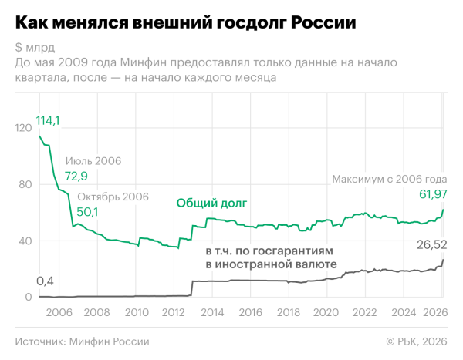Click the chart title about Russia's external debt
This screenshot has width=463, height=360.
(x=185, y=22)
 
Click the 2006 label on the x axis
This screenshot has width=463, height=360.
(x=60, y=313)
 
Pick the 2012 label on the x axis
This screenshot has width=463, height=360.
(x=174, y=313)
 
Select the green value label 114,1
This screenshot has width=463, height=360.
(x=48, y=120)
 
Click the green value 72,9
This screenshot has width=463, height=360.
(x=76, y=177)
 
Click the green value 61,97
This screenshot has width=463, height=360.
(x=432, y=193)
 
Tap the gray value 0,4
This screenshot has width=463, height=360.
(x=46, y=281)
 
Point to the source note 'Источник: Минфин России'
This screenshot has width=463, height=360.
(x=82, y=341)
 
